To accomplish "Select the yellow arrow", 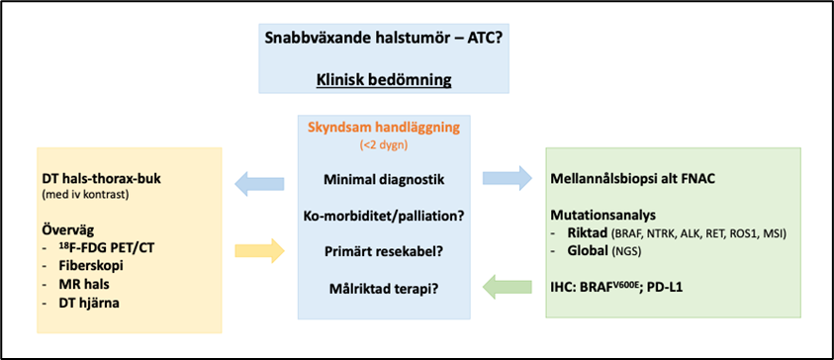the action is [x=259, y=250].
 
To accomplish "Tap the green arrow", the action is [x=507, y=287].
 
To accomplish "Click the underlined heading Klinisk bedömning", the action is [x=384, y=80].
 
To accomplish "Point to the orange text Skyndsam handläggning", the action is [x=384, y=129].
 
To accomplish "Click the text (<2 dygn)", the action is [x=384, y=145].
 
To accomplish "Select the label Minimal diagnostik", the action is [x=384, y=179].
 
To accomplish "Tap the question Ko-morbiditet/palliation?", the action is [x=384, y=217].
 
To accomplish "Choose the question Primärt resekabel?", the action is [x=384, y=252].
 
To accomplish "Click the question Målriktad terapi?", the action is [x=384, y=289].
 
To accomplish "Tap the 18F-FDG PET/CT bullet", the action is [x=105, y=248].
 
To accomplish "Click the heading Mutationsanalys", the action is [x=601, y=217].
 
